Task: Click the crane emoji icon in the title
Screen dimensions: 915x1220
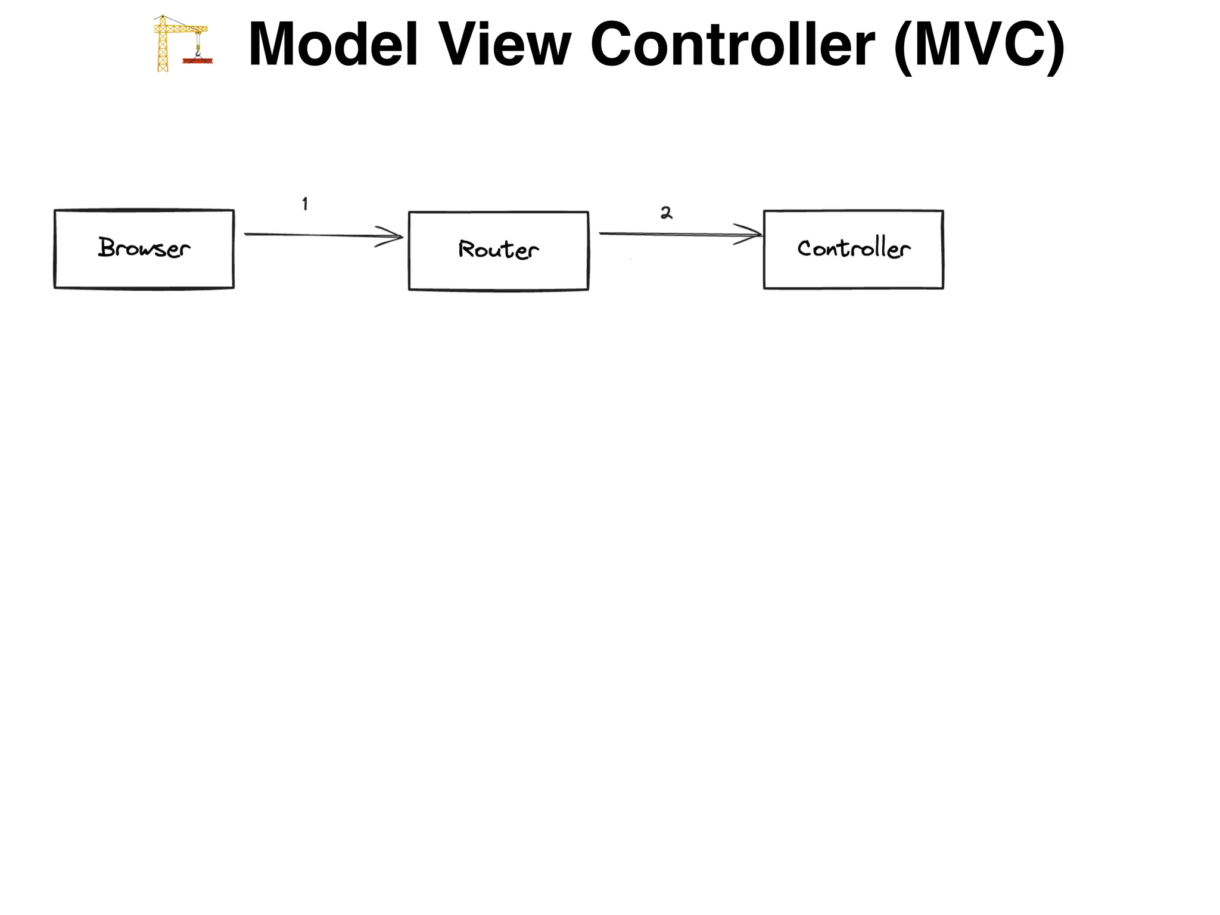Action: (x=181, y=43)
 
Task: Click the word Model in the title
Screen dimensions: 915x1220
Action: (x=333, y=45)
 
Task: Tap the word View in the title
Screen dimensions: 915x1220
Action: (x=505, y=45)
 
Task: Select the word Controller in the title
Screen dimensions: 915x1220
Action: (x=732, y=45)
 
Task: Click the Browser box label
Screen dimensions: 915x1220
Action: (x=144, y=248)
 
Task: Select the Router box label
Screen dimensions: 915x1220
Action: (x=498, y=250)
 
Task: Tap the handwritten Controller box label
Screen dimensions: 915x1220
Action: (x=854, y=248)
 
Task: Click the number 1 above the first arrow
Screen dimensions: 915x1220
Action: (x=305, y=204)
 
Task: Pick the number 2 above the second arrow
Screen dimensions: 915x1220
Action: (x=666, y=213)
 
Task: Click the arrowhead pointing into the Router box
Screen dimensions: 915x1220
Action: (x=393, y=236)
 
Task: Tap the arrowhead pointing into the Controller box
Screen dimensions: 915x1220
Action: (x=751, y=234)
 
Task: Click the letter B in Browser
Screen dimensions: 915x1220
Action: (x=107, y=247)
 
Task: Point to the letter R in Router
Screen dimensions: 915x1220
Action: (x=466, y=248)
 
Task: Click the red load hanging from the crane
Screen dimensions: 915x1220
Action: (x=198, y=60)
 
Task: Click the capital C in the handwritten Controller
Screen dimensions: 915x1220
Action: (x=805, y=248)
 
